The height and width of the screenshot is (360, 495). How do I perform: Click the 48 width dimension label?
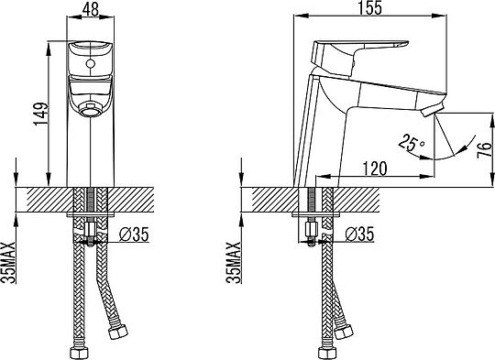tap(90, 9)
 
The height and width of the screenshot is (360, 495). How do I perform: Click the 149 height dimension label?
tap(41, 114)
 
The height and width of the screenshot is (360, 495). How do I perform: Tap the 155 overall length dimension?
tap(369, 8)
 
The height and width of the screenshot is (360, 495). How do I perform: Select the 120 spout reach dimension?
tap(374, 169)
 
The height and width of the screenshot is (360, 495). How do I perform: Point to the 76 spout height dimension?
tap(484, 150)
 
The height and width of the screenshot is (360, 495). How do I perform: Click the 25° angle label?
tap(412, 142)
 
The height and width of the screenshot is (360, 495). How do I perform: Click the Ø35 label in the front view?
tap(134, 235)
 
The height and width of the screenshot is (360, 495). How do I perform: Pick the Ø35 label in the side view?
tap(359, 235)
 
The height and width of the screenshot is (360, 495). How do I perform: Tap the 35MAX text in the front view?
tap(9, 263)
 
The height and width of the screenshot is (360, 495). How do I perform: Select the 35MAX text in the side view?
tap(235, 263)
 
